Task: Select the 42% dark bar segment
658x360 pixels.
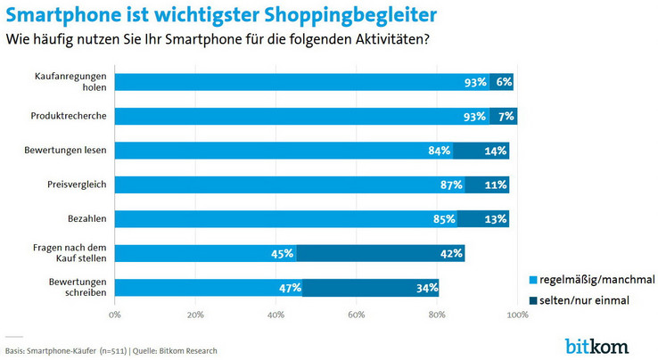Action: [x=381, y=253]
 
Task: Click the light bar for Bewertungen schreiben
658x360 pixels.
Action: [x=209, y=287]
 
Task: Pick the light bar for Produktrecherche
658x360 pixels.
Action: [x=301, y=116]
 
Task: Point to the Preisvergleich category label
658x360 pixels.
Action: [x=78, y=184]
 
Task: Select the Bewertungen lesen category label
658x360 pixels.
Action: [x=70, y=150]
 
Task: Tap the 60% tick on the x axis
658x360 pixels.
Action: [x=356, y=314]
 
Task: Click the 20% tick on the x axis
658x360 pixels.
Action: [x=195, y=314]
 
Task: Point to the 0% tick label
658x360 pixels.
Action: [x=114, y=314]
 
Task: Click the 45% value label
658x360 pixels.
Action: [x=282, y=253]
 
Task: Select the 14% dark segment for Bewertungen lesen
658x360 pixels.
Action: [x=481, y=150]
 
